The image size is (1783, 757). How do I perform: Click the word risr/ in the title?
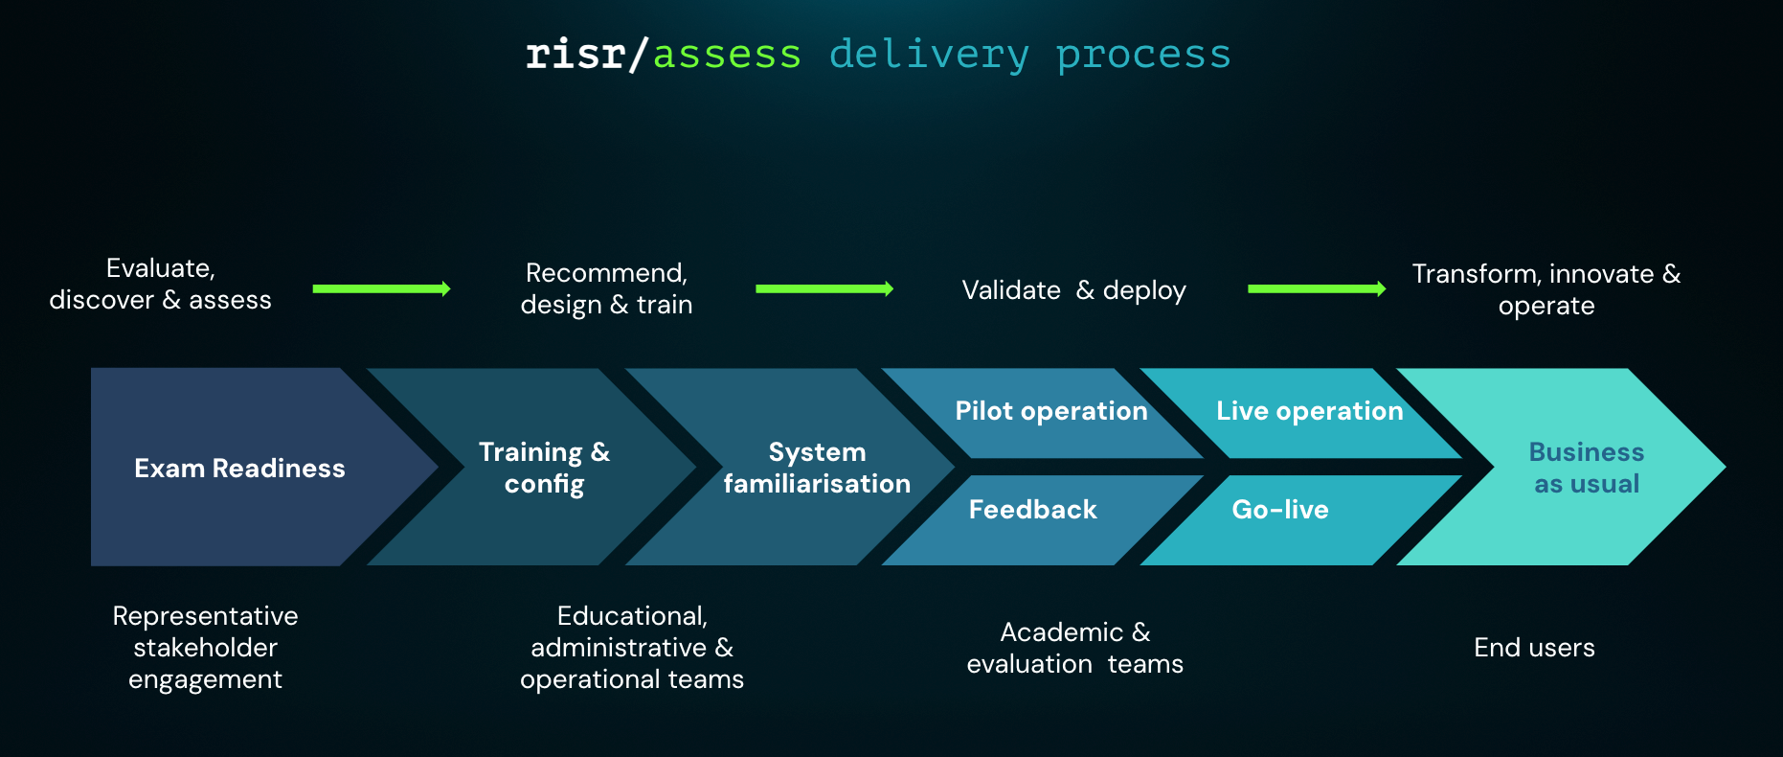586,55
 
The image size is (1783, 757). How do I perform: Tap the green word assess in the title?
727,55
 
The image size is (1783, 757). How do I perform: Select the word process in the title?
1143,55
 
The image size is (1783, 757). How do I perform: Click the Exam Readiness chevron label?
239,469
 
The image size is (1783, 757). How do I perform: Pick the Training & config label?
544,468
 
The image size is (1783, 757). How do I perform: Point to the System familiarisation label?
817,468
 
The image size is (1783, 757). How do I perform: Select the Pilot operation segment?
1050,411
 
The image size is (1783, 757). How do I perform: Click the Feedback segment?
1032,510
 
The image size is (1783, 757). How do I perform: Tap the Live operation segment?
1309,411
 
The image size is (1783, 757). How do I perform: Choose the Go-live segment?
1279,510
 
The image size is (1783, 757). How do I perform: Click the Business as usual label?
1586,468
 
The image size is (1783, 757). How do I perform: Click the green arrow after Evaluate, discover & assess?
381,288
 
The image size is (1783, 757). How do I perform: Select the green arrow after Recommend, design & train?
824,288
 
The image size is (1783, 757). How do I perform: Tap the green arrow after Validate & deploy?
1317,288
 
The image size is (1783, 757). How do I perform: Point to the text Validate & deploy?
1073,290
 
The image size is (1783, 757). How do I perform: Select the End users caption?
1534,648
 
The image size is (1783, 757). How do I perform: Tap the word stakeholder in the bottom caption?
205,648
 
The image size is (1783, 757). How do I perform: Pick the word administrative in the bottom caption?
619,648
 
